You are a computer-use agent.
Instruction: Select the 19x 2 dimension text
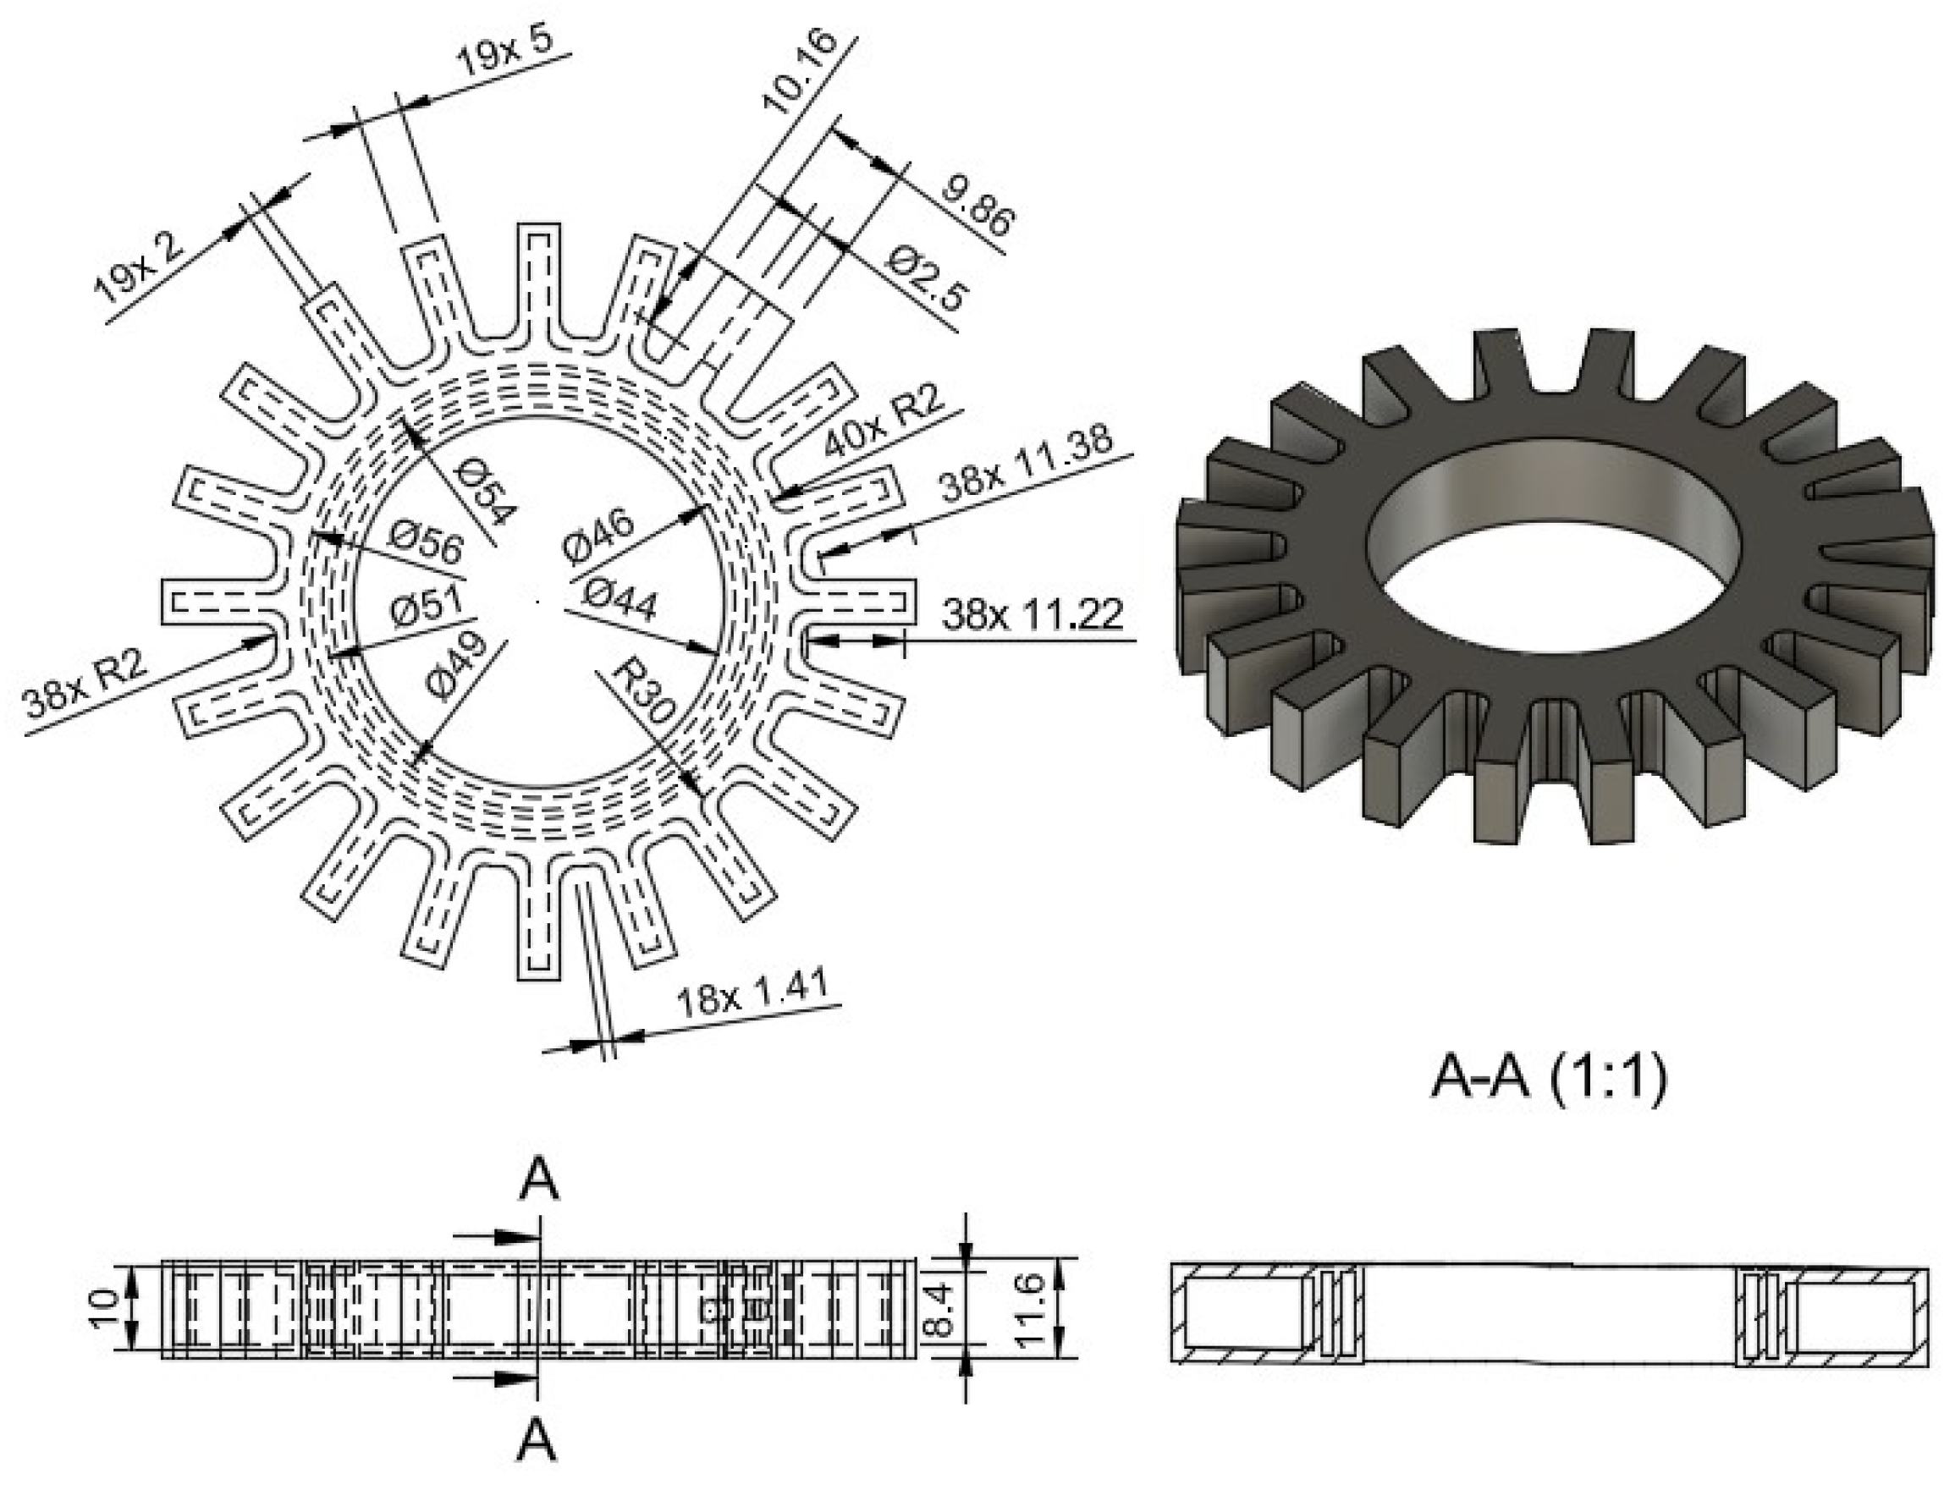139,268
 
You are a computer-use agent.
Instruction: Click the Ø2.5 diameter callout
926,279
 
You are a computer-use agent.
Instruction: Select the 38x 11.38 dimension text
1026,464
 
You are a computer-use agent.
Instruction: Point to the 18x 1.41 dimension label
752,993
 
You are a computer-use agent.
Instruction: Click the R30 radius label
645,692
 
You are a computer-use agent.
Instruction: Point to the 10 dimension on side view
105,1309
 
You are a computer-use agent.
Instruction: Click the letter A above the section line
538,1180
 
